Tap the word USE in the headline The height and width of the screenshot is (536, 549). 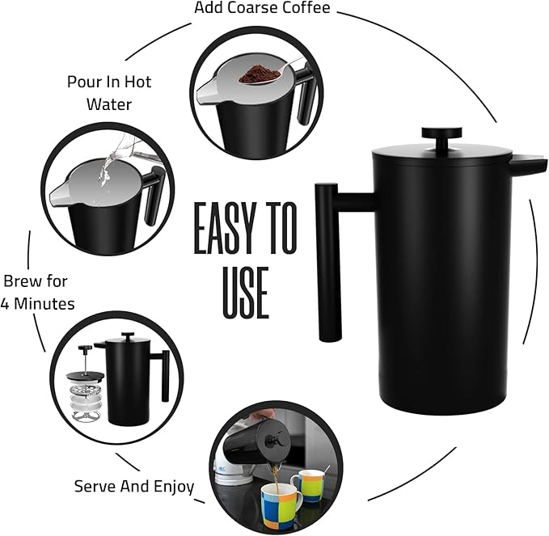tap(246, 293)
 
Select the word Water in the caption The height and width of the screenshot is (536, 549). tap(109, 104)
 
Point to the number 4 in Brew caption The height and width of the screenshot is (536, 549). tap(5, 303)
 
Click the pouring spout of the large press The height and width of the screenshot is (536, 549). tap(528, 165)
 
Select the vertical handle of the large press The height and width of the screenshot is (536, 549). tap(328, 262)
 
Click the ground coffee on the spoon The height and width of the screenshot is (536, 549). tap(259, 74)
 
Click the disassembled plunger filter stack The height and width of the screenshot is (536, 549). tap(86, 384)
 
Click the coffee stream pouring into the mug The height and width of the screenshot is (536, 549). tap(276, 479)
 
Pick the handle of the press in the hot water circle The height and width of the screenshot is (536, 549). tap(153, 196)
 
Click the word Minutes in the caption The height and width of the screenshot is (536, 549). tap(44, 303)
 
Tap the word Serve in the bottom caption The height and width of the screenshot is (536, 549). tap(95, 487)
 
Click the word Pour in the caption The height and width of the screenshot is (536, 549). tap(83, 82)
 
